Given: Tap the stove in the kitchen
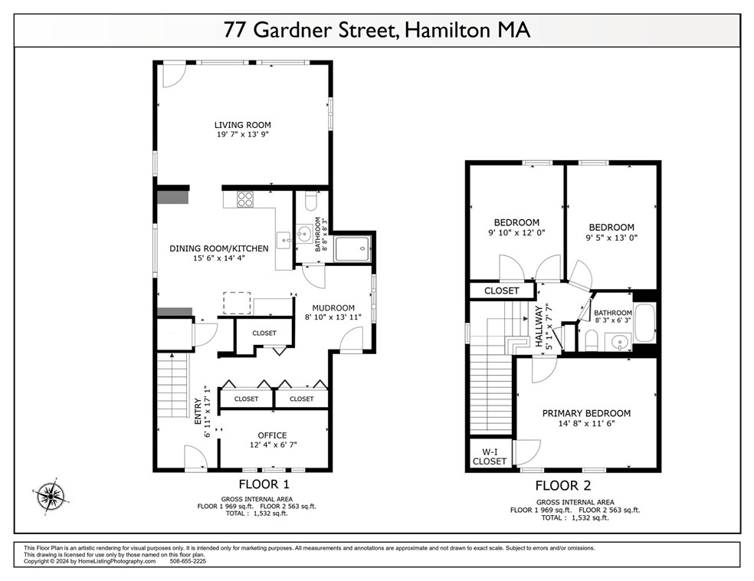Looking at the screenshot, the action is (244, 199).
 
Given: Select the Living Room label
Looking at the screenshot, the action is (242, 125).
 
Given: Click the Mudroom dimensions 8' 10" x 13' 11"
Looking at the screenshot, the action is (333, 317).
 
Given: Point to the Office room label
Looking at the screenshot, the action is (272, 435).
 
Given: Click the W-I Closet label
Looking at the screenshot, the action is (490, 456).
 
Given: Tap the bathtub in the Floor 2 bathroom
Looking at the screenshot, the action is (645, 322).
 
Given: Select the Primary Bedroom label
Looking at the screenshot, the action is (586, 413).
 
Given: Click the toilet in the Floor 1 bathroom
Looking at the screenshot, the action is (310, 201).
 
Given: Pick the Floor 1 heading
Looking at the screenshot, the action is (264, 484).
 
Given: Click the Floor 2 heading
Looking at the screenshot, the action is (563, 486).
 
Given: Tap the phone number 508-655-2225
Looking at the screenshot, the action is (188, 561).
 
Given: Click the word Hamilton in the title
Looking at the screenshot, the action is (447, 30).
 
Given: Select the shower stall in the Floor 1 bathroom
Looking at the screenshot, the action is (352, 248).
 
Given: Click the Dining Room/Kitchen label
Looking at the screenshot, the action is (219, 248).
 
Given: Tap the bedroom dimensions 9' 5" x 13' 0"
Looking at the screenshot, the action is (611, 238).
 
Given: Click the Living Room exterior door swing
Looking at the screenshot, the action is (173, 76).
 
